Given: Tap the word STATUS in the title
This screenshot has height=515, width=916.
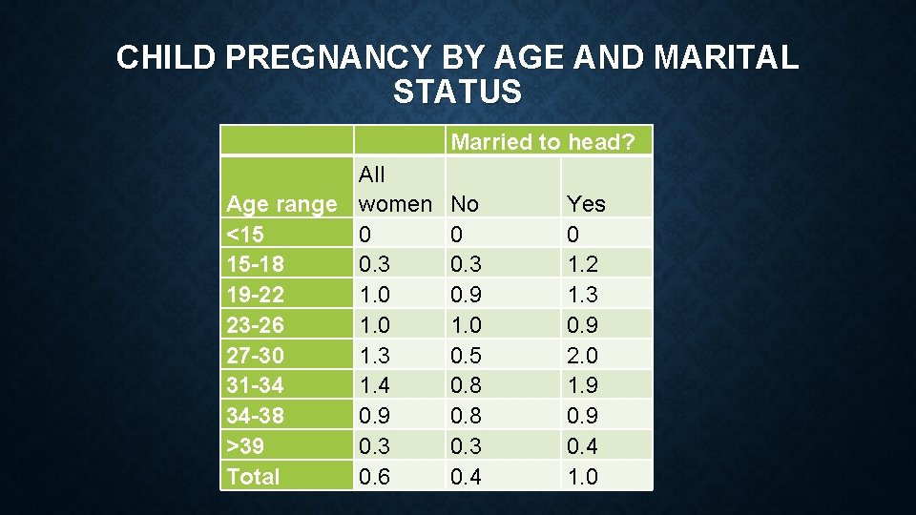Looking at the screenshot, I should (x=457, y=93).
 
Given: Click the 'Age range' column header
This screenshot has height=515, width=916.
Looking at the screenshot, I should (x=281, y=204).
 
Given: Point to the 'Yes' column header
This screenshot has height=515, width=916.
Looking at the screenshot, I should (x=586, y=204).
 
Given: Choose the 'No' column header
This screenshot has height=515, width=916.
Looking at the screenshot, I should (x=465, y=204).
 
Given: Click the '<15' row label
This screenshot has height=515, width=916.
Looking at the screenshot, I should (x=245, y=235).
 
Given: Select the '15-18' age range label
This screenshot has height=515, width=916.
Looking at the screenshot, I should (x=254, y=264).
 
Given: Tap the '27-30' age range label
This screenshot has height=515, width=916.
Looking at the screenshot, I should (x=254, y=355).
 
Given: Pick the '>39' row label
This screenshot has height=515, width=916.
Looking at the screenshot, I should (x=245, y=446).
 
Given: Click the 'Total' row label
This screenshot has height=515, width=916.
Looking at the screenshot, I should (x=253, y=477).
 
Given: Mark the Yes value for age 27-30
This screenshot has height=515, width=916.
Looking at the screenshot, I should (x=582, y=355).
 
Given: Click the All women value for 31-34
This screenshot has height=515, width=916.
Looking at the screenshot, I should (x=374, y=385).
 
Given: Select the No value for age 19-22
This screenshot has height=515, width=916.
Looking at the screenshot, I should (x=466, y=295).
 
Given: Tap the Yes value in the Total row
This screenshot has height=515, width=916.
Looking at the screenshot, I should (x=582, y=477).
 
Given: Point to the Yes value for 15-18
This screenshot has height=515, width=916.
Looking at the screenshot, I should (x=582, y=264).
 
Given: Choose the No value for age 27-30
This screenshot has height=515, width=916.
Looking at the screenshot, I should (x=466, y=355).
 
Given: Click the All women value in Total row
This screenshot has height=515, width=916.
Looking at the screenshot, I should (x=374, y=477).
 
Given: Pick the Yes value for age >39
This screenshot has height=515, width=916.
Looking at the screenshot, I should (x=582, y=446).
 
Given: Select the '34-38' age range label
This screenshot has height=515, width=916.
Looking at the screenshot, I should (x=254, y=416).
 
